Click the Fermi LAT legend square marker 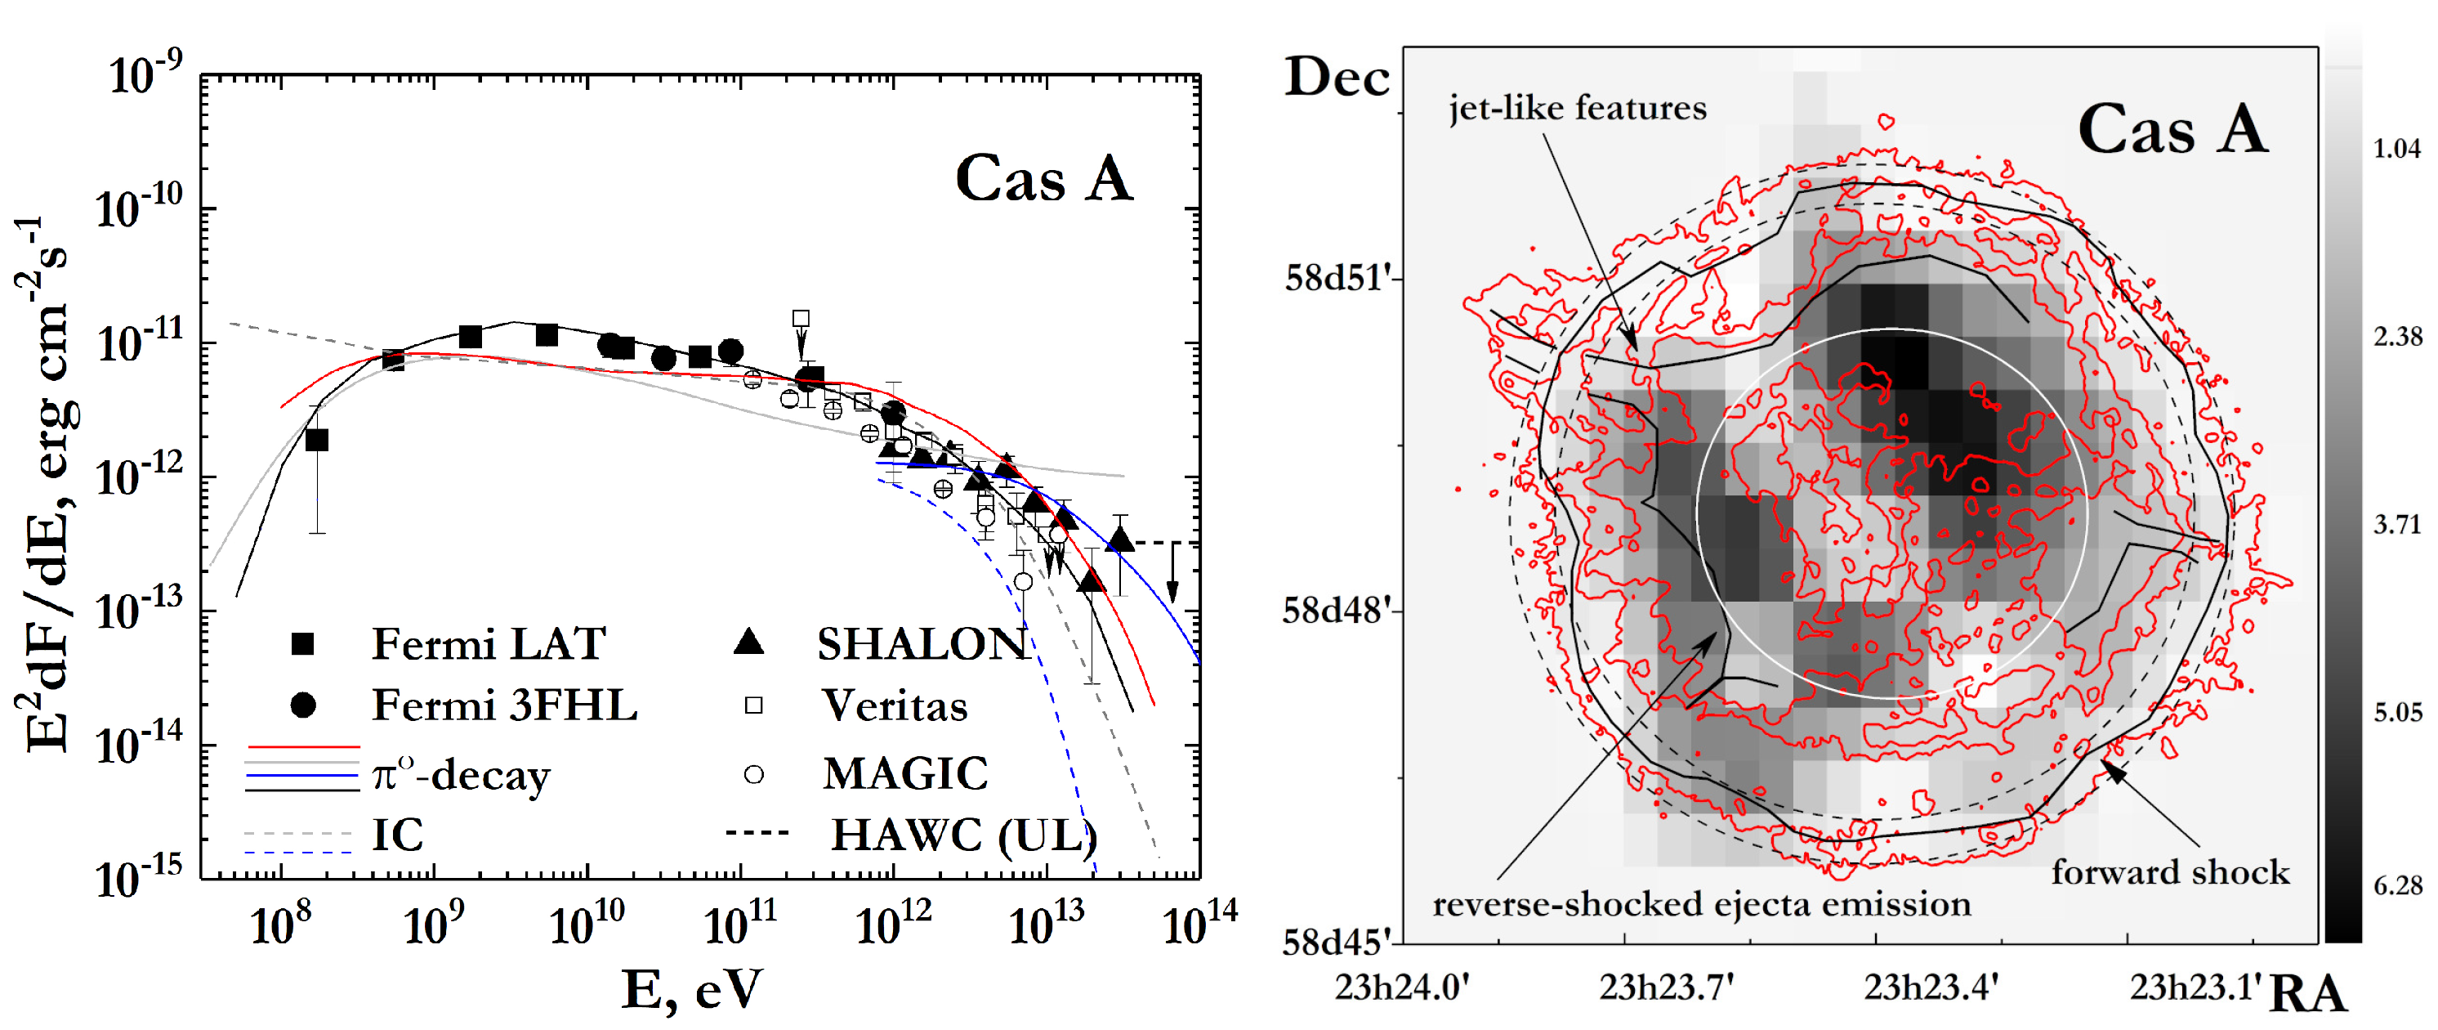[x=302, y=645]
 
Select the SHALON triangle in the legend [x=748, y=642]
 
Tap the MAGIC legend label [x=904, y=773]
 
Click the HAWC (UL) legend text [x=963, y=835]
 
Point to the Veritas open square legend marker [x=753, y=705]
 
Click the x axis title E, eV [x=692, y=990]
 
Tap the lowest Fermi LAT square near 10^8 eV [x=317, y=441]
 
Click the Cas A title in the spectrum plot [x=1044, y=178]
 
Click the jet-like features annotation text [x=1578, y=108]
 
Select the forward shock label [x=2169, y=872]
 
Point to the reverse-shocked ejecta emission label [x=1702, y=904]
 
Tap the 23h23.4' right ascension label [x=1931, y=987]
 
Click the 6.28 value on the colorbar [x=2397, y=886]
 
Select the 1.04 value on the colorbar [x=2396, y=149]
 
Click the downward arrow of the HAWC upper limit [x=1172, y=593]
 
